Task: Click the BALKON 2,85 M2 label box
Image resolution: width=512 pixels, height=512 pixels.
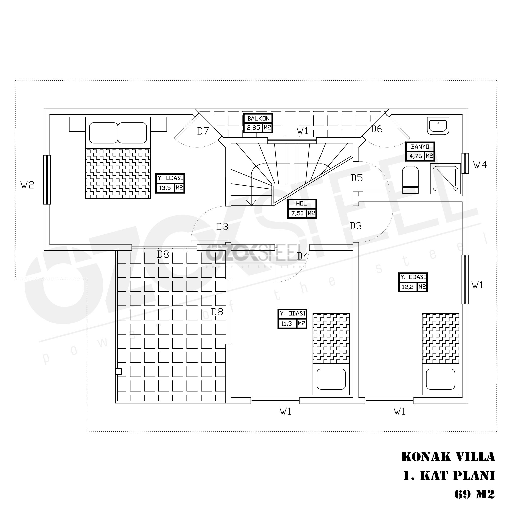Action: click(258, 123)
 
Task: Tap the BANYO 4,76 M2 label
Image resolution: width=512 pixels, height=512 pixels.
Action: click(420, 151)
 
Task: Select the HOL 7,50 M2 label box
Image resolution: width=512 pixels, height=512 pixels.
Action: click(302, 209)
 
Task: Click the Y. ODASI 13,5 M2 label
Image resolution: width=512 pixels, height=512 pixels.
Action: click(170, 183)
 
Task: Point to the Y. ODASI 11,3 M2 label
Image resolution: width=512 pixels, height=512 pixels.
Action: click(292, 319)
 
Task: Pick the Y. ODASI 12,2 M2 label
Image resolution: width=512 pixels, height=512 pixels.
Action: click(413, 283)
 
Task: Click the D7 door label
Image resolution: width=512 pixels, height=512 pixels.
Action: click(203, 131)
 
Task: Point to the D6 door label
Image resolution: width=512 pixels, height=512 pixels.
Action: click(376, 129)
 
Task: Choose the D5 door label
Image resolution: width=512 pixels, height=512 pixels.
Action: click(357, 178)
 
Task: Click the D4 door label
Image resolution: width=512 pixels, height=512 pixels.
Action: click(303, 256)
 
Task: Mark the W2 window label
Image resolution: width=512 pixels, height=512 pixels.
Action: click(27, 185)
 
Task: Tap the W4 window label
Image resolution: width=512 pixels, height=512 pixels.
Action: click(480, 165)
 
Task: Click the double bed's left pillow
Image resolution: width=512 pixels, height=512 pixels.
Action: click(104, 133)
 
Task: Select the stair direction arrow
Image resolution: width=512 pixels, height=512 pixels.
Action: click(251, 203)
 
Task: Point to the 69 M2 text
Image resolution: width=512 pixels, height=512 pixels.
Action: click(474, 494)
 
